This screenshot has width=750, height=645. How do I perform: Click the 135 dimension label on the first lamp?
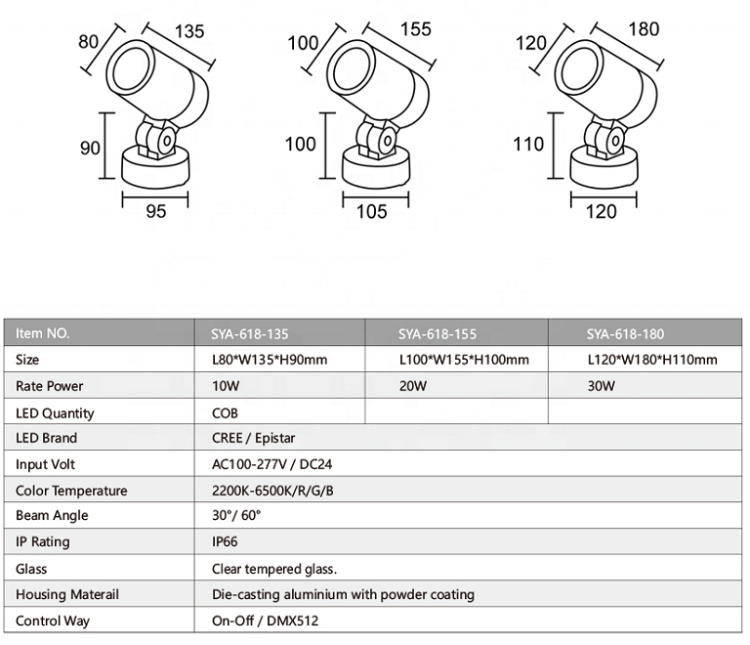coord(189,31)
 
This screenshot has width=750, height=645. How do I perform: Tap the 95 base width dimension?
coord(156,211)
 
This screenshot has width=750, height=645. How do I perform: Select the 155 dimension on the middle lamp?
coord(416,29)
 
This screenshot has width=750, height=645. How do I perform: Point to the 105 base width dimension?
coord(372,211)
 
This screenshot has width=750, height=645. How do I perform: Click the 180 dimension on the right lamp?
coord(644,29)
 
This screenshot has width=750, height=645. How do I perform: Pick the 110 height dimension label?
coord(528,144)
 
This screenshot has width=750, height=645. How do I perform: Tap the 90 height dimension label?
coord(90,148)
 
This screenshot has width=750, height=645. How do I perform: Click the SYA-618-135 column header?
coord(250,334)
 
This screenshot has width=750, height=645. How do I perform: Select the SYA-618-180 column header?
coord(625,334)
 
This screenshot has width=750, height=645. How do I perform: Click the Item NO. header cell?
coord(43,333)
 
